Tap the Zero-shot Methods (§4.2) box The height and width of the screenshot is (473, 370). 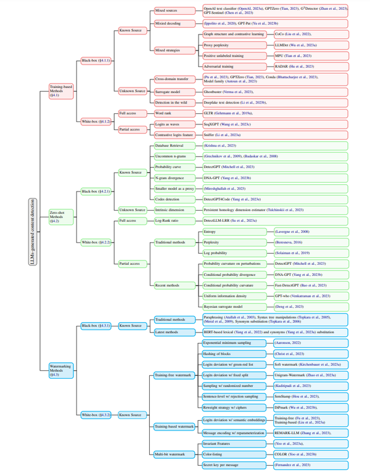pos(59,217)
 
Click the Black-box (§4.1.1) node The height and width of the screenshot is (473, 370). pos(96,60)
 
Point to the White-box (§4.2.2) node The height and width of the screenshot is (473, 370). pos(96,243)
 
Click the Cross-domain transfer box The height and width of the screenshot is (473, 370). pos(172,79)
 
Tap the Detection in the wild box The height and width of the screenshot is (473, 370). pos(172,102)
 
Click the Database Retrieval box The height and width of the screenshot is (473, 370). pos(170,145)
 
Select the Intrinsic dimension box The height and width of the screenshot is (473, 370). pos(172,210)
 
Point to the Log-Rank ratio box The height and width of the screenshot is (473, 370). pos(168,220)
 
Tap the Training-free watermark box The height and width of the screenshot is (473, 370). pos(175,374)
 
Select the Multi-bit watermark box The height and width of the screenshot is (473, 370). pos(172,453)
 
